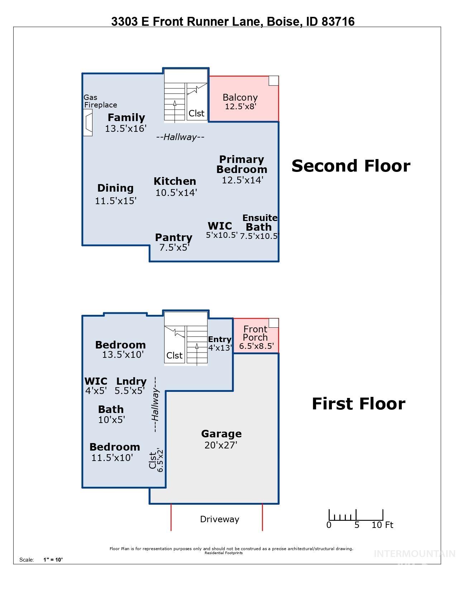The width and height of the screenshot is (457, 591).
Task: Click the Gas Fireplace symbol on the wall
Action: (88, 122)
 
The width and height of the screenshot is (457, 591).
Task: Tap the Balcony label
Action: (240, 97)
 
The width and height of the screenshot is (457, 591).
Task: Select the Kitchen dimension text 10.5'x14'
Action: (176, 193)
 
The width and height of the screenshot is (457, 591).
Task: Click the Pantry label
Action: (173, 237)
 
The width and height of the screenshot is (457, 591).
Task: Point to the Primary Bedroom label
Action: (242, 164)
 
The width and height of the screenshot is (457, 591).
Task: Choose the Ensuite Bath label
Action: (260, 222)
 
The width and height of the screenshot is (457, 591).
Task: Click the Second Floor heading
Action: (351, 166)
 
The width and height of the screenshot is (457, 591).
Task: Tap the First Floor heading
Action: (358, 404)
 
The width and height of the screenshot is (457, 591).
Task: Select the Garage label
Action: (221, 434)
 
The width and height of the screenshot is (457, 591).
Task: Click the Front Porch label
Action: (255, 333)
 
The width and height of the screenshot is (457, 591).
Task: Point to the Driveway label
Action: (219, 519)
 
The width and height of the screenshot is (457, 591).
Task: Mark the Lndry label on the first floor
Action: (131, 381)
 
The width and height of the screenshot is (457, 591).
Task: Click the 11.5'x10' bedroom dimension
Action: (112, 458)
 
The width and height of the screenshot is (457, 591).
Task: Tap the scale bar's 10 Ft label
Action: (382, 525)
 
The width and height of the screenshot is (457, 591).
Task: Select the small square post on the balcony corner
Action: (273, 81)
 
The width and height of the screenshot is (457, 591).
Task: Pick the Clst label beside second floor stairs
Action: (196, 113)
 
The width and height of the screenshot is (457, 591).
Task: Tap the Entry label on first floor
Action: (219, 340)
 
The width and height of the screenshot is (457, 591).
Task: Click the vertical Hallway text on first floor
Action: (155, 405)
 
